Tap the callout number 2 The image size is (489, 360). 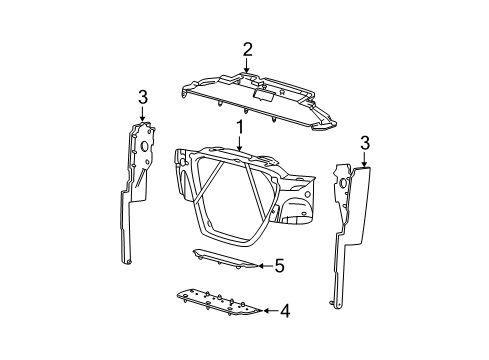click(247, 50)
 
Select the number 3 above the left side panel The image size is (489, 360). click(142, 98)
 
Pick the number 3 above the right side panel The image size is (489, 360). click(365, 143)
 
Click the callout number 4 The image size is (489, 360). click(285, 311)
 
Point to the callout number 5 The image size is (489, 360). click(279, 266)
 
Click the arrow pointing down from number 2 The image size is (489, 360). click(246, 65)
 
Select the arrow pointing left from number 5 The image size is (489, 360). click(265, 266)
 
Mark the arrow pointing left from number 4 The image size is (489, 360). click(270, 311)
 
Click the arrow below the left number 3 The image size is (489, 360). click(142, 114)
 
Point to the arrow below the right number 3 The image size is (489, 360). click(365, 159)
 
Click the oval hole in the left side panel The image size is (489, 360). click(145, 146)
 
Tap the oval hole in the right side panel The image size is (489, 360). click(342, 183)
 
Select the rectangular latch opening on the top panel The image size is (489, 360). click(263, 95)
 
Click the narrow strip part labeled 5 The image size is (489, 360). click(224, 259)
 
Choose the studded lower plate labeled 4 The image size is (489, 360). click(218, 302)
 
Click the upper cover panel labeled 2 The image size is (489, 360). click(258, 102)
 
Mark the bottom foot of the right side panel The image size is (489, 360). click(336, 304)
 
